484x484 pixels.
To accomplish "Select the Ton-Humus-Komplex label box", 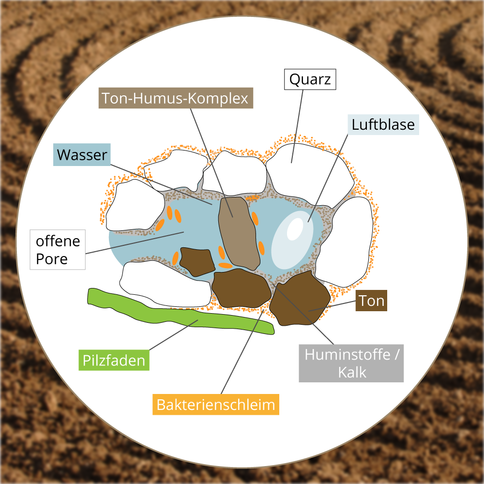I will (176, 98).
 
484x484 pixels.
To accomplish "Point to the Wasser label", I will (82, 155).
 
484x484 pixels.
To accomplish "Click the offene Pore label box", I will (58, 250).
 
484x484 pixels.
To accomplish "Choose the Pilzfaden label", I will (114, 360).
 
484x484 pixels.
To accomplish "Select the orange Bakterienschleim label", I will (216, 404).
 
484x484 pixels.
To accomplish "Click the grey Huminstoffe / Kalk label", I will (351, 363).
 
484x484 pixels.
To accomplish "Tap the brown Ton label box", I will (371, 301).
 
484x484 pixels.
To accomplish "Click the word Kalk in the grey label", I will (352, 372).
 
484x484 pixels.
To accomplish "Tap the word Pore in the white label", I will (52, 259).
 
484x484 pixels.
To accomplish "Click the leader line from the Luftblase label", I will (329, 174).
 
